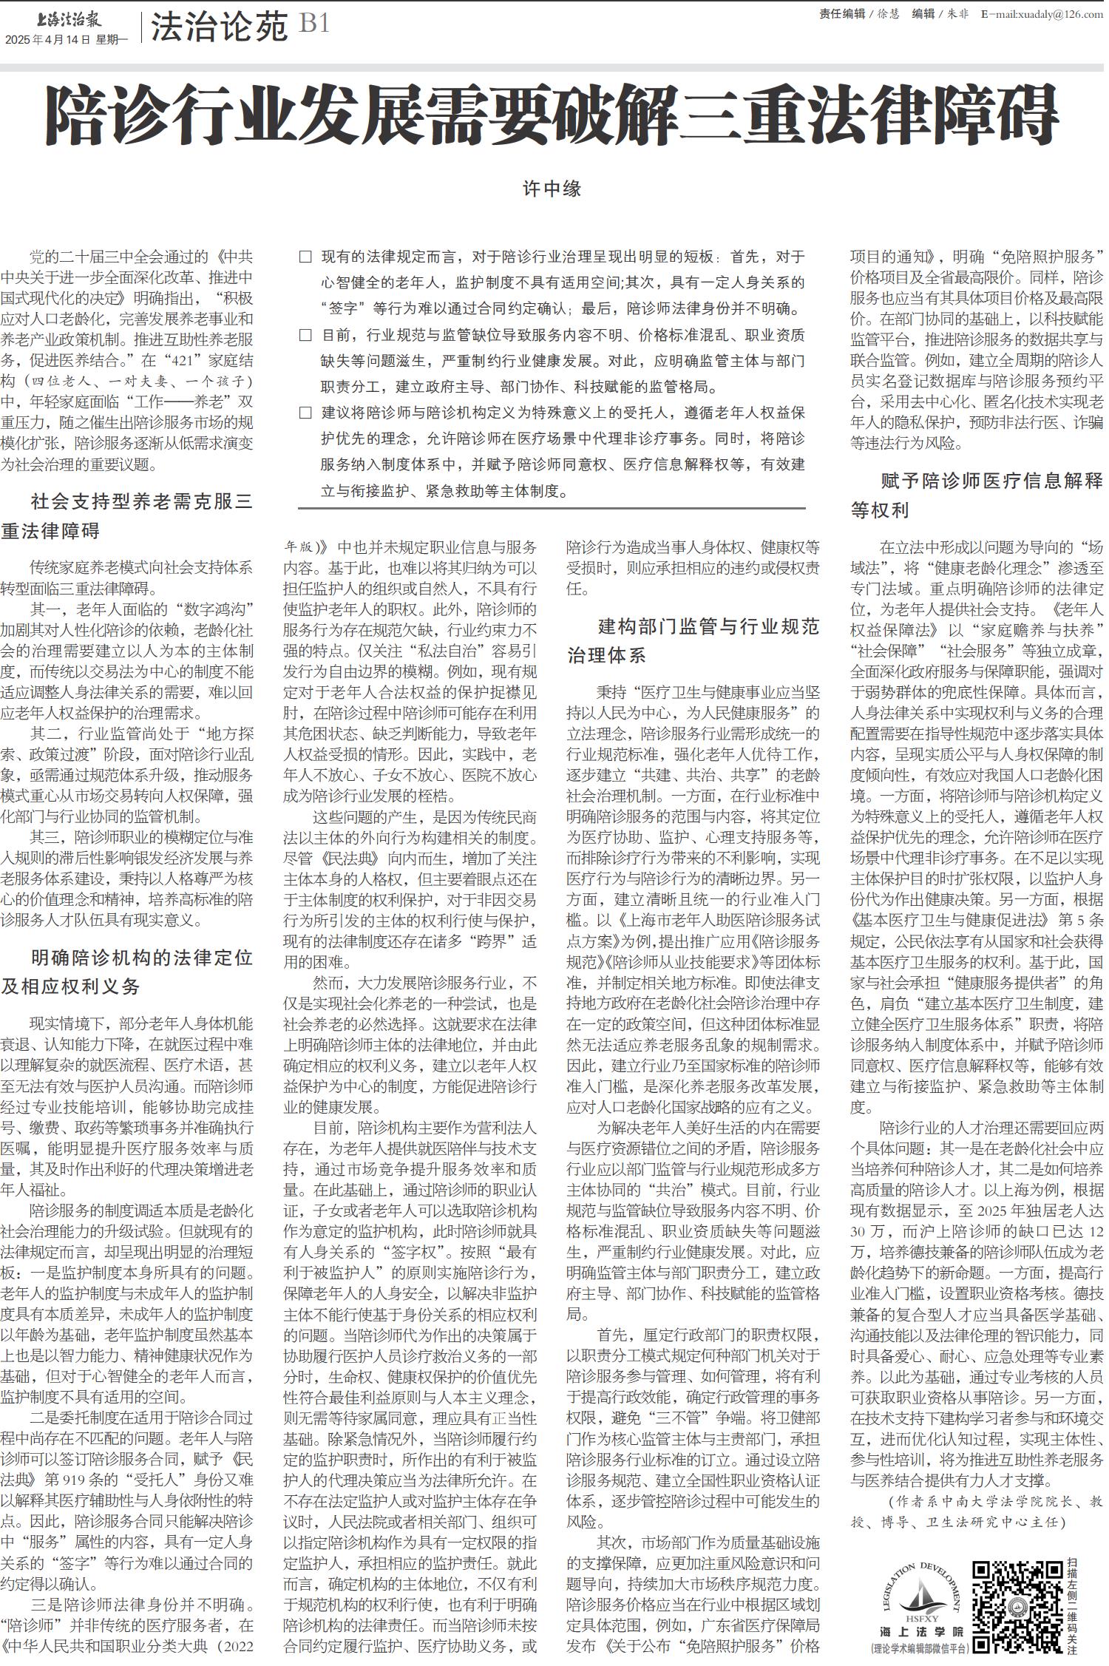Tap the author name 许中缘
[x=552, y=189]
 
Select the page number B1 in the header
[x=314, y=25]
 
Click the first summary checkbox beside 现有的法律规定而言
[x=305, y=257]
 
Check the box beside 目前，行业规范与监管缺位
[x=305, y=335]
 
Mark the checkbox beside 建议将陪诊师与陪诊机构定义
[x=305, y=413]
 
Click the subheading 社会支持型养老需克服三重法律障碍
[x=127, y=516]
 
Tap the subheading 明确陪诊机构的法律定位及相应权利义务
[x=127, y=972]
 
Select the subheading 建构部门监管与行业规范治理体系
[x=693, y=640]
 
